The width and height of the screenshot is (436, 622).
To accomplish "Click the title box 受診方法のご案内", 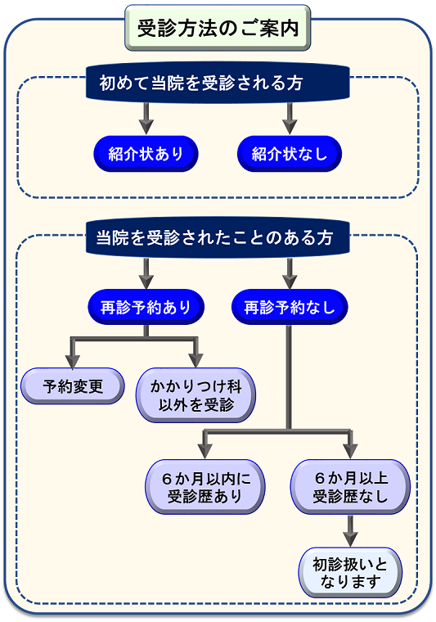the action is click(x=218, y=28).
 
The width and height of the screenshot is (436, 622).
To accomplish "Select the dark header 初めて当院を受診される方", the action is click(x=218, y=83).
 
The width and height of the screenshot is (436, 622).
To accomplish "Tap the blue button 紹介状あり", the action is click(x=146, y=154).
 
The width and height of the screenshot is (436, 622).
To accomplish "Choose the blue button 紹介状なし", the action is click(x=290, y=154).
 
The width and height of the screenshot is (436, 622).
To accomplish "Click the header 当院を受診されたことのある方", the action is click(x=218, y=237).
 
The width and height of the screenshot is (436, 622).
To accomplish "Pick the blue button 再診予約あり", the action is click(x=146, y=307).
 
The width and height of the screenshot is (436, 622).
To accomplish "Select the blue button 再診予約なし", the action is click(x=290, y=307).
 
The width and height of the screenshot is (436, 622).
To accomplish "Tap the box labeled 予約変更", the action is click(x=73, y=386).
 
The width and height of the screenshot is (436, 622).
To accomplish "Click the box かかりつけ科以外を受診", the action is click(x=196, y=395).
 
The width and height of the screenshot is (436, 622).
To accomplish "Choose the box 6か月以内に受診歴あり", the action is click(x=205, y=487).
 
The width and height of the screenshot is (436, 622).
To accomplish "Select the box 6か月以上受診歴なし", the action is click(x=350, y=487).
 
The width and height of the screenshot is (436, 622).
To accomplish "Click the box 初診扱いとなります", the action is click(x=350, y=572).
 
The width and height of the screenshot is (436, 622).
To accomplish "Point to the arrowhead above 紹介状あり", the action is click(x=146, y=127).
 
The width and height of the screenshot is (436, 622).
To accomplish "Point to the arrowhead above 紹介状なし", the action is click(x=290, y=127).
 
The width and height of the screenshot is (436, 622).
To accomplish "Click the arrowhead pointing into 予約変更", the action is click(x=73, y=360).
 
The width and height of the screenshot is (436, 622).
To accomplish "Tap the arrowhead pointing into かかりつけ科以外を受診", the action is click(x=196, y=360).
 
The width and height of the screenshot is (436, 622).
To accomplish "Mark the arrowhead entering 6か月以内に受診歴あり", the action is click(x=205, y=451).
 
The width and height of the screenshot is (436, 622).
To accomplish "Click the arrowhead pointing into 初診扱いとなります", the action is click(x=350, y=539).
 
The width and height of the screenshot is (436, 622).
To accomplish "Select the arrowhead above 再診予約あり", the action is click(x=146, y=282).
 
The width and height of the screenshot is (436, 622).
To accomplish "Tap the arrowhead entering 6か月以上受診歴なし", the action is click(x=350, y=451).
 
